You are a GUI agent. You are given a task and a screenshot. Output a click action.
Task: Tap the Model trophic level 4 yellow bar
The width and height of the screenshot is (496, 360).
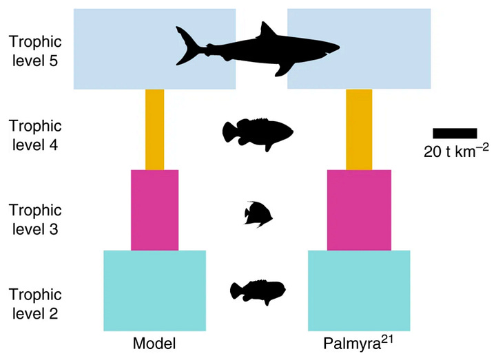pos(155,129)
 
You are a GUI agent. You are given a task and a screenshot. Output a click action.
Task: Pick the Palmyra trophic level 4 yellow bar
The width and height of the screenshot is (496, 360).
pos(359,129)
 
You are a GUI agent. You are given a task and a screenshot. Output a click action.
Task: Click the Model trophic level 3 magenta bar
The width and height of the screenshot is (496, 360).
pos(155,209)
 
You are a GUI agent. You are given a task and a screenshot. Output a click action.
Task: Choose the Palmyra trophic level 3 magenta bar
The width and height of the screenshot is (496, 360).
pos(359,209)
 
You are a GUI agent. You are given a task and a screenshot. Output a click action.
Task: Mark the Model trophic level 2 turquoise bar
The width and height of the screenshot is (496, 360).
pos(155,290)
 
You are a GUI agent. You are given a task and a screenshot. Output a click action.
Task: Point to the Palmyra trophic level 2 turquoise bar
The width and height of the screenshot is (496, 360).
pos(359,290)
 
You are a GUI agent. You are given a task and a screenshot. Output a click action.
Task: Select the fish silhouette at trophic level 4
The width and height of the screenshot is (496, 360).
pos(258,131)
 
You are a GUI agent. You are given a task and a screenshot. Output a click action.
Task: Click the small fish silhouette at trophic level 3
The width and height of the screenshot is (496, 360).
pos(259,213)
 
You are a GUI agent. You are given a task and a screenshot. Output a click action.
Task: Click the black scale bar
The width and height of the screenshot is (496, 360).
pos(455,133)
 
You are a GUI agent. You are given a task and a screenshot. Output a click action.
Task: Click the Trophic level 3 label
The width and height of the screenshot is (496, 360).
pos(35,219)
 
